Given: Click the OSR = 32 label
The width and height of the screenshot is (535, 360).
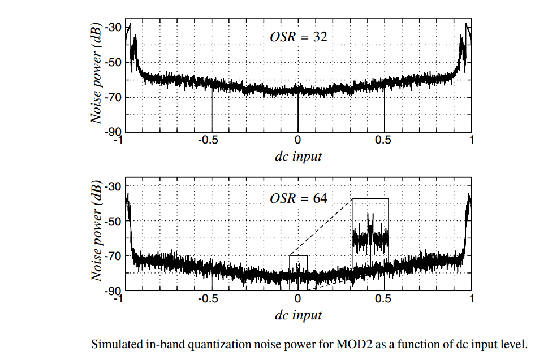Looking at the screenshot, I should (298, 38).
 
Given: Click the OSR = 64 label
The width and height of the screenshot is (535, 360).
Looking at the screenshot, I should (298, 199).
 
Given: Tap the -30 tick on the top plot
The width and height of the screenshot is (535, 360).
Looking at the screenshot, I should (112, 27).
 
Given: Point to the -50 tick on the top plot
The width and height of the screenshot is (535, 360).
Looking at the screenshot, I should (112, 62).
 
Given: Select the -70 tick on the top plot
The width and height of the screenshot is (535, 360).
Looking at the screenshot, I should (112, 97).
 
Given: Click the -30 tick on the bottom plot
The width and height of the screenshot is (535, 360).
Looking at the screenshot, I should (112, 187).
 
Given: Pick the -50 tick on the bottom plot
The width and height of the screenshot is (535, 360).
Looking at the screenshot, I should (112, 222).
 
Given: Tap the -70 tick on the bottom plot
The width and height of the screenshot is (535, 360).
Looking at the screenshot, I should (112, 256).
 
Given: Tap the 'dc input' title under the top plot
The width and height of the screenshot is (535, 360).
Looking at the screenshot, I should (298, 156).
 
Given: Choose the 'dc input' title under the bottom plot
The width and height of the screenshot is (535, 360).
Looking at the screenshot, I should (298, 315).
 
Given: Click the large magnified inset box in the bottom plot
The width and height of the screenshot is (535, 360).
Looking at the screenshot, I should (370, 232).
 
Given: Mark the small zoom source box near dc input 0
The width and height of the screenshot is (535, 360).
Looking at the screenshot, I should (298, 271).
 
